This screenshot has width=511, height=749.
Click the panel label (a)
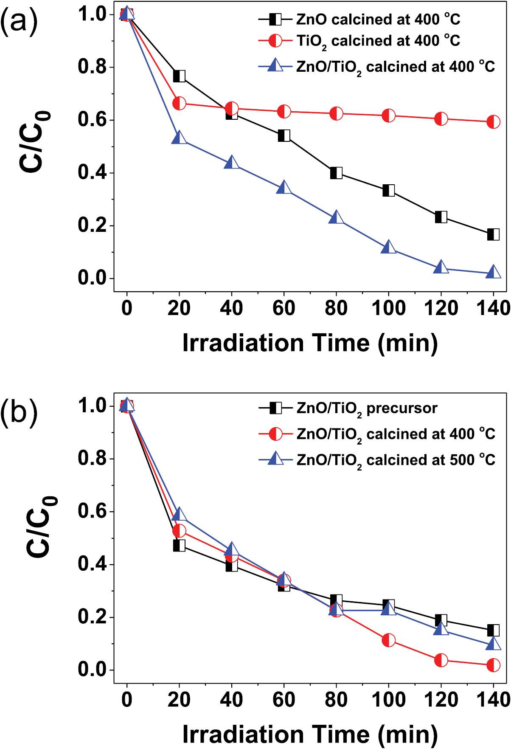pos(19,21)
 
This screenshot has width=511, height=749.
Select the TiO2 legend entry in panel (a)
pos(378,41)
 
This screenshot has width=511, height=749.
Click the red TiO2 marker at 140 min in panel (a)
pos(493,122)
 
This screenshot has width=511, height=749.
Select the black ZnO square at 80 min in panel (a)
pos(336,173)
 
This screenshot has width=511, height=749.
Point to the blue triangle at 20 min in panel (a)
pos(179,138)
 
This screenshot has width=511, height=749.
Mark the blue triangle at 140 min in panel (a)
pos(493,272)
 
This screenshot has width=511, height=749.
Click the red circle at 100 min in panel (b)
pos(389,640)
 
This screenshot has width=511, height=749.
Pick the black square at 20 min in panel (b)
pos(179,545)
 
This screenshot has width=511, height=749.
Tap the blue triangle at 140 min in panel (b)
pos(493,644)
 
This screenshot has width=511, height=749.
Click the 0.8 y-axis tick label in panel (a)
pos(92,67)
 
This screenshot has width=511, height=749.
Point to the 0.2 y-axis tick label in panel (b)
pos(92,617)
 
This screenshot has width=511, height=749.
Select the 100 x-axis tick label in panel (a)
pos(389,308)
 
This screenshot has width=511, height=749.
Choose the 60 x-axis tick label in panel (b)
pos(284,699)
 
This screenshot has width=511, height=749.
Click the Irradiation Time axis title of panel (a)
pos(310,343)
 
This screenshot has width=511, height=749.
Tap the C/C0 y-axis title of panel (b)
pos(41,527)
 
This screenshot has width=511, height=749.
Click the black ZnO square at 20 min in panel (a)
pos(179,76)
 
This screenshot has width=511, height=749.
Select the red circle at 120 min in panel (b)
pos(441,660)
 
